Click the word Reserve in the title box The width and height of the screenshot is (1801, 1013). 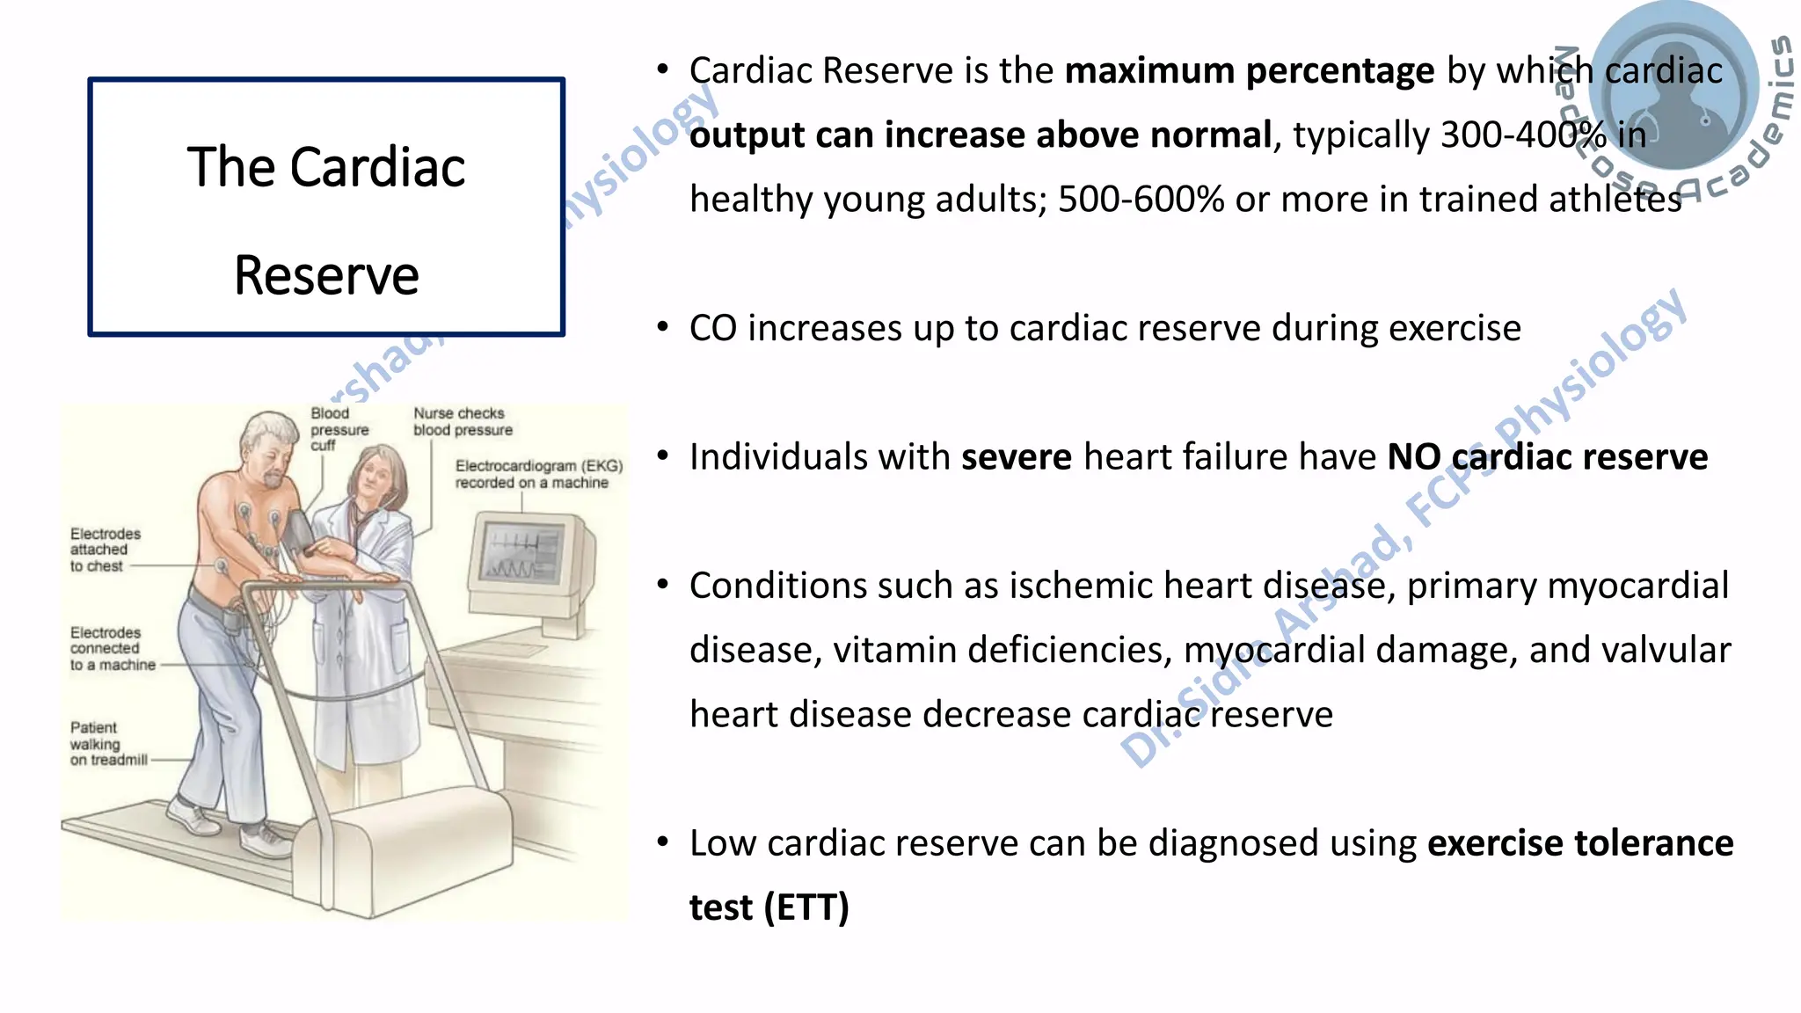326,276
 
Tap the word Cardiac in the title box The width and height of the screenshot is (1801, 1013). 378,167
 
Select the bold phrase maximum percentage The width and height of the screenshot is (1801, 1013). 1249,70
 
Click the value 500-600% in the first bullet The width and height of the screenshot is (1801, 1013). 1141,200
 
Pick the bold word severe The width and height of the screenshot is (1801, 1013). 1016,457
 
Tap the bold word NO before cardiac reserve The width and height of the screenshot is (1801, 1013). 1413,457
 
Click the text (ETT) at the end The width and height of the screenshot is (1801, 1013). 806,907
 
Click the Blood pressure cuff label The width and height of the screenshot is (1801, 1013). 338,429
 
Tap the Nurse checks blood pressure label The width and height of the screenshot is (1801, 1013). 463,421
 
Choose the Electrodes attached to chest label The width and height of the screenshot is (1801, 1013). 105,550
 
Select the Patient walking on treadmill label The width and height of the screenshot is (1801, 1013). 107,744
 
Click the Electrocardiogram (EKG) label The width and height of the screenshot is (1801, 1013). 538,474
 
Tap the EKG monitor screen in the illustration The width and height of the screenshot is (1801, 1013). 523,554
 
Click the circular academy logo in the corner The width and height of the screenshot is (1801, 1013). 1673,88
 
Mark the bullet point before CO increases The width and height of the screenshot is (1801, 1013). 663,328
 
